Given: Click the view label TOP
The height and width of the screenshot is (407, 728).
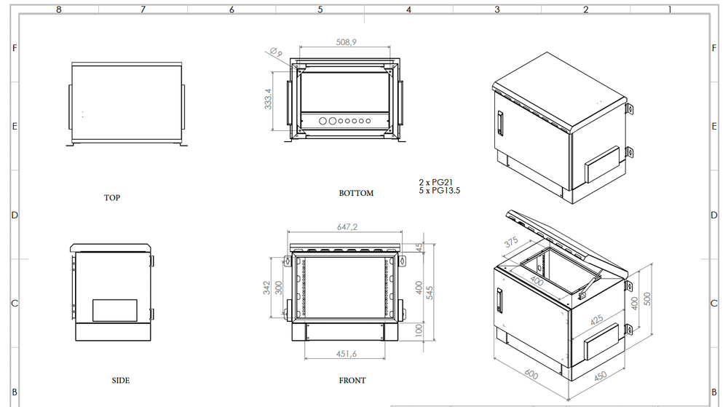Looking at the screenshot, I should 111,197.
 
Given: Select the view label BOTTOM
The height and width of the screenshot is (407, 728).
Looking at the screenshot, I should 356,193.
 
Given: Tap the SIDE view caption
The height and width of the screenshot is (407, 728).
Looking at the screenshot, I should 121,380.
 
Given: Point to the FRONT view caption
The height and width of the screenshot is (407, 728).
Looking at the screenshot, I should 352,380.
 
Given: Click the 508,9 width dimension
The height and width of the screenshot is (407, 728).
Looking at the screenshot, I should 345,43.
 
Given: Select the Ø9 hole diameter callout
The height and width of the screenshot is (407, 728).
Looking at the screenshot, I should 275,52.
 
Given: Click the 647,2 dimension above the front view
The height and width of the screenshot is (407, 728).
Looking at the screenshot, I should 347,227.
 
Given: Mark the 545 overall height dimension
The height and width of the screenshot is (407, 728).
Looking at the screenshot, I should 430,291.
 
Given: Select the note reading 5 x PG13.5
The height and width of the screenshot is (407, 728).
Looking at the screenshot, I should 439,190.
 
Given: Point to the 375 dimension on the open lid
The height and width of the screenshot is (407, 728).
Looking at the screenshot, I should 511,242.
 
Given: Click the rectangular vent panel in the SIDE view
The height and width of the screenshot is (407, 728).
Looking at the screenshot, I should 114,310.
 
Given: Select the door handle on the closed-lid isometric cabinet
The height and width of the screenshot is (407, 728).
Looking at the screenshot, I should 500,122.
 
